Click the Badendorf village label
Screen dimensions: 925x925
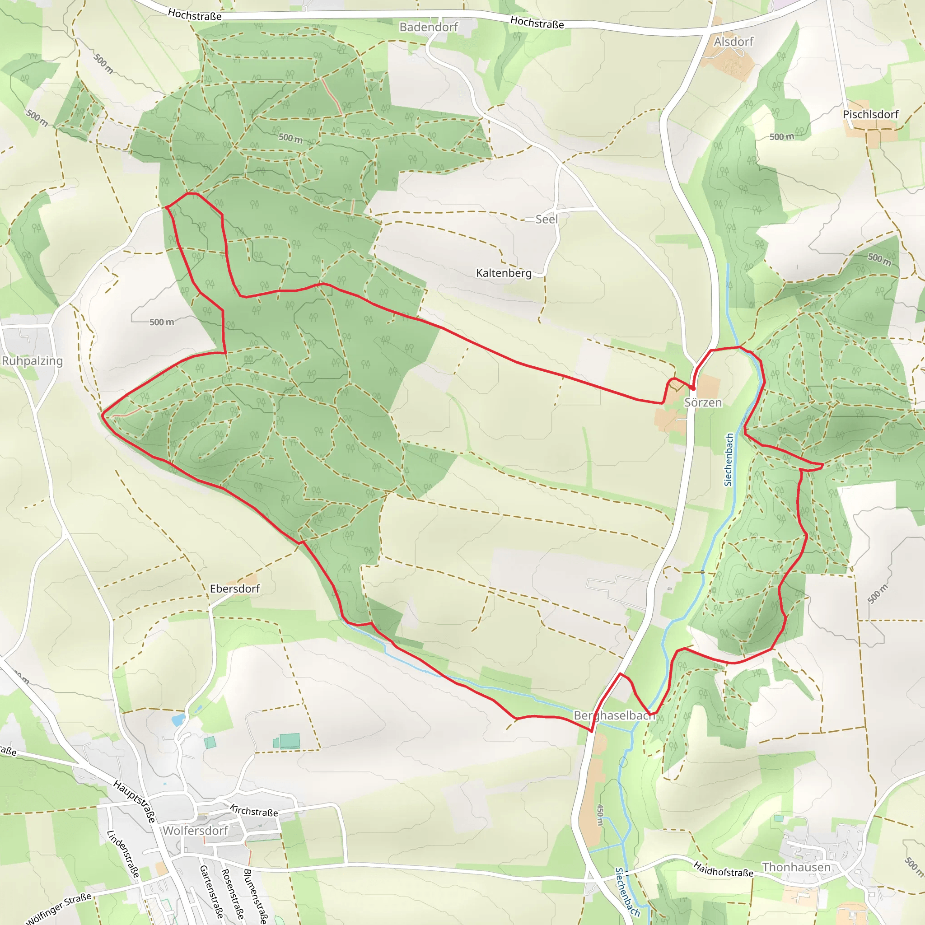click(x=429, y=27)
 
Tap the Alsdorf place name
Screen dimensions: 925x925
click(x=733, y=42)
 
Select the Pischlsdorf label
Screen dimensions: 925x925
click(x=870, y=114)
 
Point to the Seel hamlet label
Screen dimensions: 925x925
click(x=547, y=219)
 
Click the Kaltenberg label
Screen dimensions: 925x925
click(x=504, y=273)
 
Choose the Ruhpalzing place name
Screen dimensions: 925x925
click(x=32, y=361)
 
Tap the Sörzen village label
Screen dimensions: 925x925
click(x=703, y=402)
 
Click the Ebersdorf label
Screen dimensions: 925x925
click(x=234, y=589)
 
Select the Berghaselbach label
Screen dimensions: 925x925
click(x=614, y=716)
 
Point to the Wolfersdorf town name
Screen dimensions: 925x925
click(x=195, y=831)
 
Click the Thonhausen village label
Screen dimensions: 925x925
click(x=796, y=867)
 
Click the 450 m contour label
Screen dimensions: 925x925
click(x=600, y=814)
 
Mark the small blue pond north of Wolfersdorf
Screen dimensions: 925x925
click(x=178, y=719)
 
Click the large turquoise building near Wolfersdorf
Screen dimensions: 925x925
click(x=290, y=741)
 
